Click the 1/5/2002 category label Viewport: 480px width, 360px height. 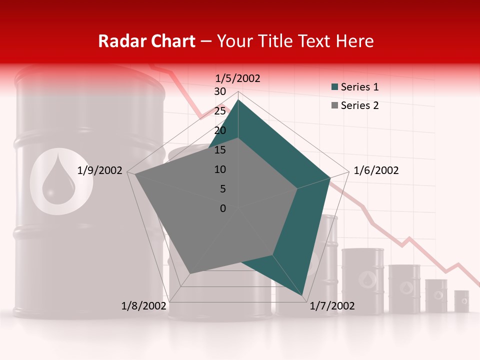coord(238,78)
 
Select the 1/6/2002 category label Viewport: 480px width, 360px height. coord(376,170)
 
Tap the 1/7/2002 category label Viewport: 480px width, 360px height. coord(332,306)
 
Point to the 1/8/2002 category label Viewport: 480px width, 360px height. coord(144,306)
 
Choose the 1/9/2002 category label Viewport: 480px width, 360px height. coord(100,170)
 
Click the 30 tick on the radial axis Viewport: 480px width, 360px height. coord(219,91)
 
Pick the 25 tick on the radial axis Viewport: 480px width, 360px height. coord(219,111)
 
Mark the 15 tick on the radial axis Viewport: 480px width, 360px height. coord(219,150)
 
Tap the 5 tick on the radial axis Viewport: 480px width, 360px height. coord(222,189)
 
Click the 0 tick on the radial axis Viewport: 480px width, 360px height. coord(223,208)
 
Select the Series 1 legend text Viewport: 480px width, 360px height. coord(360,87)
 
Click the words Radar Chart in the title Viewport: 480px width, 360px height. coord(146,41)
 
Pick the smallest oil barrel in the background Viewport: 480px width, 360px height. coord(461,301)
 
